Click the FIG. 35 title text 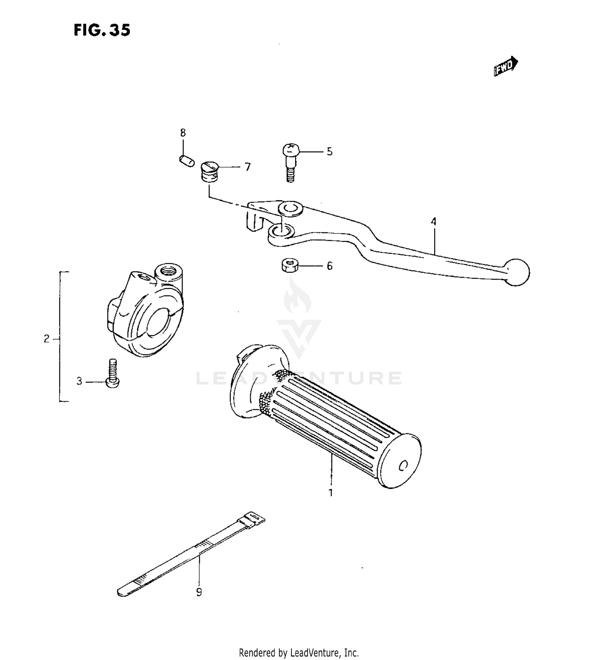click(x=102, y=30)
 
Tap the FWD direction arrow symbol click(x=506, y=67)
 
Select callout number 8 click(x=183, y=133)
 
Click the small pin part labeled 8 click(x=186, y=161)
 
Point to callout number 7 click(x=248, y=167)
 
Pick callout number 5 click(x=329, y=151)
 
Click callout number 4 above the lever click(x=433, y=221)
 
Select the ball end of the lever click(x=517, y=272)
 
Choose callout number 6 click(x=329, y=266)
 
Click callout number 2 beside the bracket click(x=47, y=339)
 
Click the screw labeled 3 click(x=113, y=373)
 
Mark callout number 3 click(x=79, y=381)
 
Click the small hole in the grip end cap click(x=403, y=465)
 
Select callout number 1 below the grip click(x=330, y=493)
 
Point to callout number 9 click(x=199, y=592)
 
